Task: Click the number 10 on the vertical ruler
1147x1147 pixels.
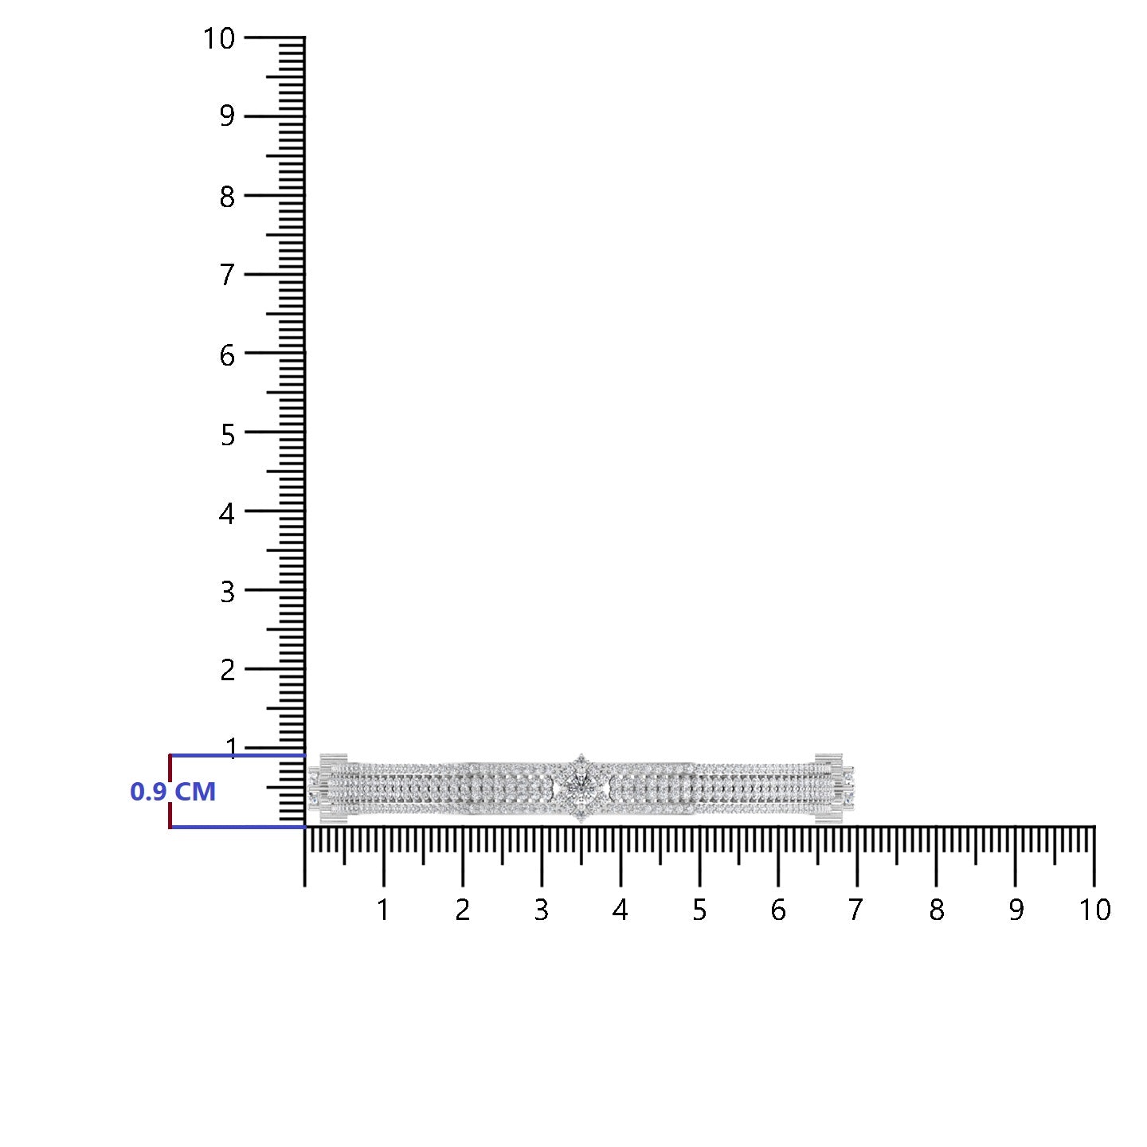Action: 219,39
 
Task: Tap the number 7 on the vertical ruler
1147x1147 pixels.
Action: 227,276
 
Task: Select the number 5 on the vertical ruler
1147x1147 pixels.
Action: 227,435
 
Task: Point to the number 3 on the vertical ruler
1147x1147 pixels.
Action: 227,593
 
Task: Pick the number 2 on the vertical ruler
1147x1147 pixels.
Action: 227,671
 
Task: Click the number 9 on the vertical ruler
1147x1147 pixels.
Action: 227,116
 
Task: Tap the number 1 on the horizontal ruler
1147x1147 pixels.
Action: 383,910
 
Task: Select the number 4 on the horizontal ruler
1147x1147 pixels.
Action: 620,910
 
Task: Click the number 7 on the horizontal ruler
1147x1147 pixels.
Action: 855,910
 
